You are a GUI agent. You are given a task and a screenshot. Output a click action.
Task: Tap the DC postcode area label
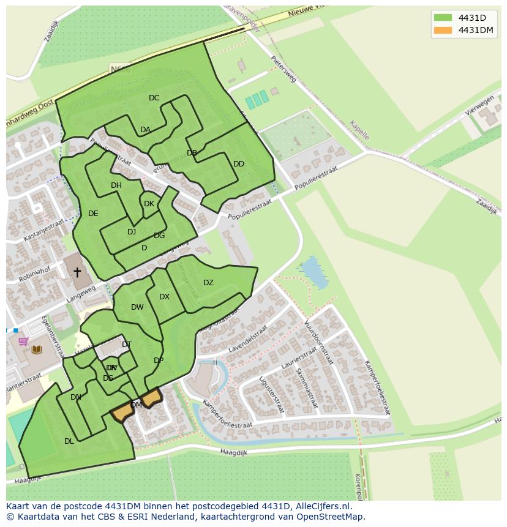coord(154,98)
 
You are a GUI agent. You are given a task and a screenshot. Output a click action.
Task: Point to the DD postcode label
coord(239,164)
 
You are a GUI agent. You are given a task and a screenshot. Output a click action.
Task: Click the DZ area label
coord(208,283)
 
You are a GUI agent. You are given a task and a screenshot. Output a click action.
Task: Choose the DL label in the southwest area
coord(69,441)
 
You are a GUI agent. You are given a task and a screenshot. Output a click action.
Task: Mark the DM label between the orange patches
coord(137,405)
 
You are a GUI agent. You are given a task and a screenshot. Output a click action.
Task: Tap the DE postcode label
coord(93,214)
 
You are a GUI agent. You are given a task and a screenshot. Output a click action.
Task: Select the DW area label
coord(137,307)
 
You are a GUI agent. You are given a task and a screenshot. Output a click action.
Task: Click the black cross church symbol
coord(77,272)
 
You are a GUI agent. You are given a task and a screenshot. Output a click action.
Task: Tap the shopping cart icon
coord(23,342)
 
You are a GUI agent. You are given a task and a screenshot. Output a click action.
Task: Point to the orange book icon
coord(37,349)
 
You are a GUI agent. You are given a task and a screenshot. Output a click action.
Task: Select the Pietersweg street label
coord(284,69)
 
